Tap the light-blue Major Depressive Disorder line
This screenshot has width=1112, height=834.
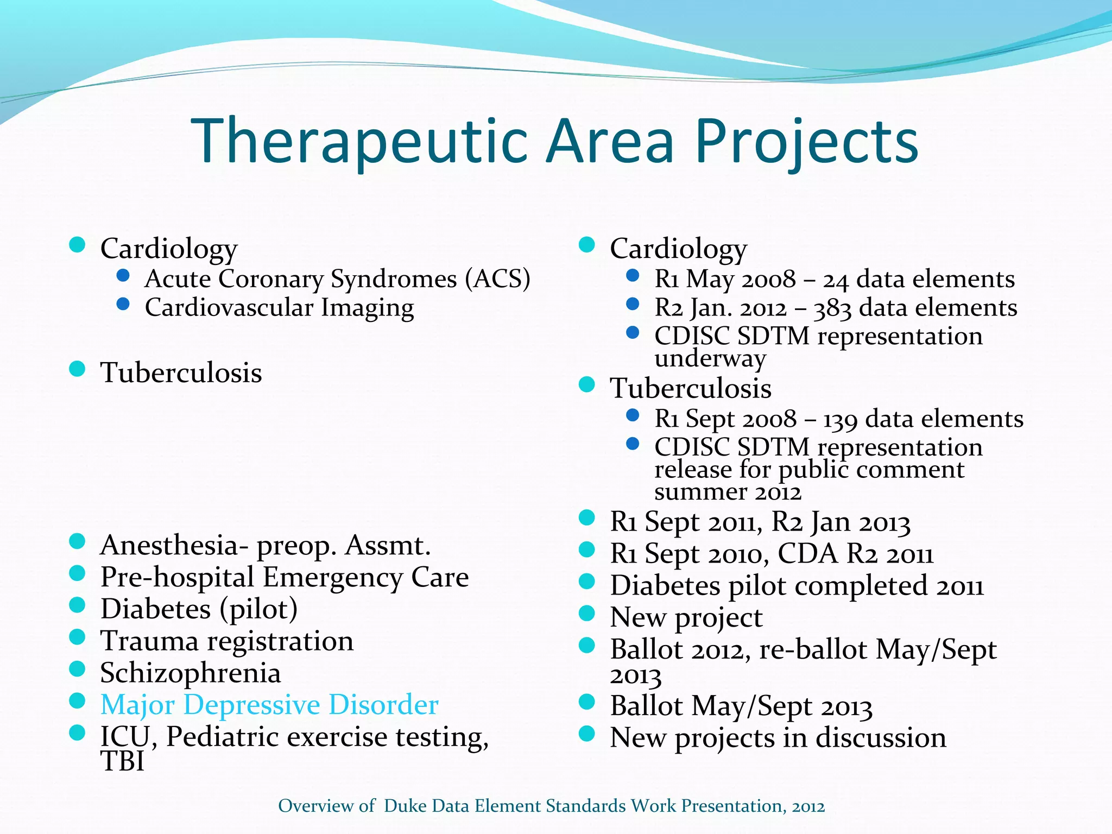pyautogui.click(x=269, y=705)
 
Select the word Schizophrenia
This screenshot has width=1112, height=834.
pyautogui.click(x=191, y=673)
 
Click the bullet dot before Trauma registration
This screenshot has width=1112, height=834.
pyautogui.click(x=78, y=636)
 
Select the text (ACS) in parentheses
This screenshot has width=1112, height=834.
pyautogui.click(x=497, y=279)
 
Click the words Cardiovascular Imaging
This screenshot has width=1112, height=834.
pyautogui.click(x=279, y=307)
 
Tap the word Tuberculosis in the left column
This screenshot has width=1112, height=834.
pyautogui.click(x=181, y=373)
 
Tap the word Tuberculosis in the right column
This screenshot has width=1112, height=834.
pyautogui.click(x=691, y=389)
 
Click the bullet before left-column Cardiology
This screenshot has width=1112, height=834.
pyautogui.click(x=78, y=244)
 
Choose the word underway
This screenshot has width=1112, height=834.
pyautogui.click(x=710, y=358)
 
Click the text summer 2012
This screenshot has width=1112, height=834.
pyautogui.click(x=728, y=492)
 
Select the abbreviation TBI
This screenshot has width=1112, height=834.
pyautogui.click(x=123, y=761)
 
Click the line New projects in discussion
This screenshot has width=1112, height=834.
pyautogui.click(x=778, y=737)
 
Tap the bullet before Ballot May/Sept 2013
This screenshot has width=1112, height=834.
pyautogui.click(x=587, y=702)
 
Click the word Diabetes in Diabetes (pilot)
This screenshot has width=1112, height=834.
pyautogui.click(x=155, y=609)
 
